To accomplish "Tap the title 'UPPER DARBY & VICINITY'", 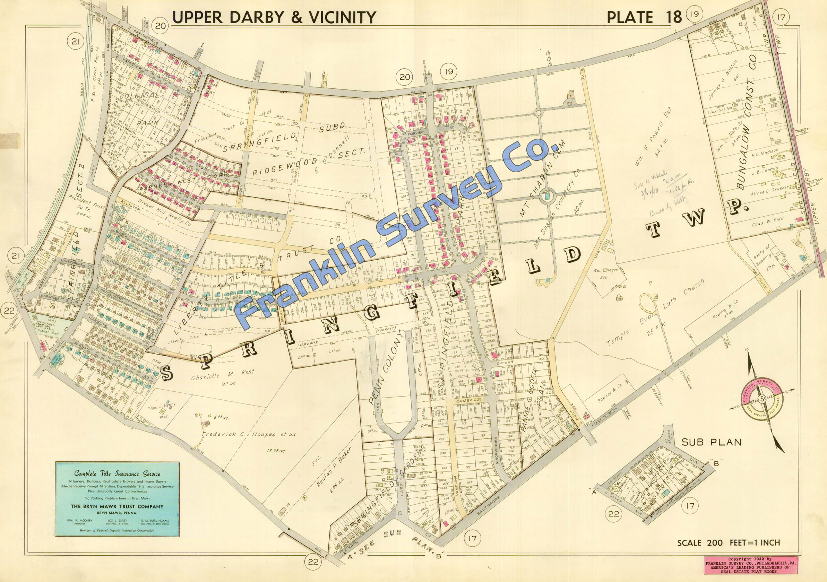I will pyautogui.click(x=274, y=17).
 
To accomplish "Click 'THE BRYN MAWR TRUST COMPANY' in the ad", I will pyautogui.click(x=117, y=506).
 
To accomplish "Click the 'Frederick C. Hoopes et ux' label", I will pyautogui.click(x=249, y=434).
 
